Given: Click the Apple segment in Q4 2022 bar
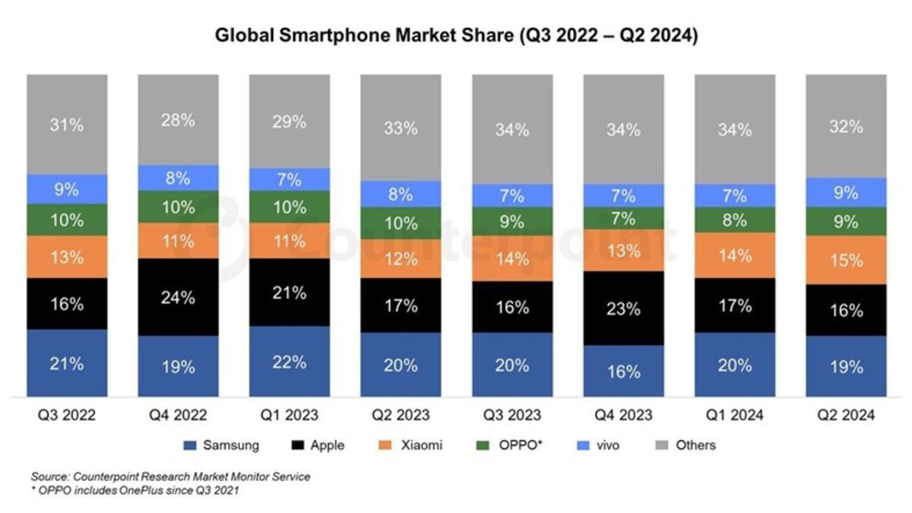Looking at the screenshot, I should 178,297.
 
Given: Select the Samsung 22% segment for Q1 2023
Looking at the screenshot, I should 290,362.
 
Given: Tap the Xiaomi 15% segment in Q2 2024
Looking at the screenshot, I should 846,260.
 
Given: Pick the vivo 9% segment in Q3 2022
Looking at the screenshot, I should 67,189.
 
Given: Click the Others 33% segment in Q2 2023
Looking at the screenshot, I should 401,128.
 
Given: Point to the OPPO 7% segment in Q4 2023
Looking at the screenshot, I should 623,220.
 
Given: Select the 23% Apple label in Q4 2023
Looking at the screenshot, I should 623,309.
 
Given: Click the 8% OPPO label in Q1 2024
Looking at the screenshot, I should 735,220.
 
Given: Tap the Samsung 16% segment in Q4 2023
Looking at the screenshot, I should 623,371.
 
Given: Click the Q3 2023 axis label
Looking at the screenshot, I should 511,416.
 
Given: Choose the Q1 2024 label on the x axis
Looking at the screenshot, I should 734,416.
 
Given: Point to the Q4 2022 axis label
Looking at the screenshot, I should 178,416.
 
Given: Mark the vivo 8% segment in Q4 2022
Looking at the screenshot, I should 178,179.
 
